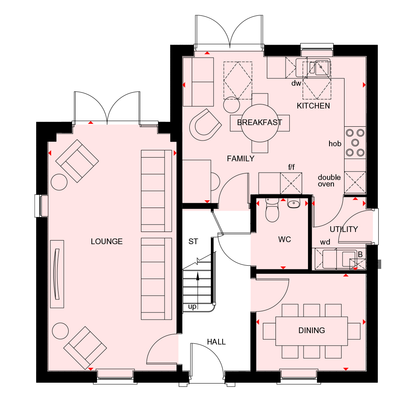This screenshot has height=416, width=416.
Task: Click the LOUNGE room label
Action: pos(107,241)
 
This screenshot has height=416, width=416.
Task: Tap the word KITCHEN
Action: pos(313,106)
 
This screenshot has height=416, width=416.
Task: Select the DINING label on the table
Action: pos(312,330)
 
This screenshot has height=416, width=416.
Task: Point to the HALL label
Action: pos(216,342)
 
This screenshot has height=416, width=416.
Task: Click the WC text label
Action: pos(284,240)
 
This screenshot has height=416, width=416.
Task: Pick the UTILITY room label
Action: pos(344,229)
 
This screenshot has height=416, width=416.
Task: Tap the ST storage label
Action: pos(193,241)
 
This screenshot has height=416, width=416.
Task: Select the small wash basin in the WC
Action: pos(293,204)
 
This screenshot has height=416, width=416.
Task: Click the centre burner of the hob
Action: pos(355,143)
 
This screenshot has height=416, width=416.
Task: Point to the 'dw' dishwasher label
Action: pos(296,83)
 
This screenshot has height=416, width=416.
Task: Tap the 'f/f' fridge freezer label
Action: pos(291,167)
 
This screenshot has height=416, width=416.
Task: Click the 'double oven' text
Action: pos(329,181)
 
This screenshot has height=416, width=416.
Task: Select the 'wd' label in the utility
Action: pos(325,242)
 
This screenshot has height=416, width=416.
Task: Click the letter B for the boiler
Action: pos(360,254)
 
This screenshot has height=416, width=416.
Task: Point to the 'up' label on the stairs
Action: pos(192,307)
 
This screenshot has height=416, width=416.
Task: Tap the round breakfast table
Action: pos(260,123)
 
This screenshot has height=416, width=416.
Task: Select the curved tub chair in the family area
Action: pos(205,125)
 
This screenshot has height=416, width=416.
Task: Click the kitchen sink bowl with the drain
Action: pos(321,67)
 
